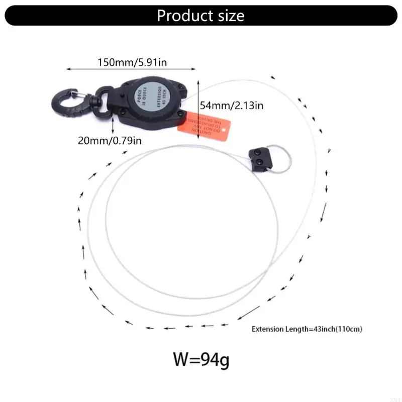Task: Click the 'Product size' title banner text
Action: click(x=200, y=15)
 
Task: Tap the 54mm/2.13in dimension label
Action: click(x=232, y=106)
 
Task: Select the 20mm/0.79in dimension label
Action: click(x=110, y=140)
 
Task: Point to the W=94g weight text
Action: click(x=201, y=360)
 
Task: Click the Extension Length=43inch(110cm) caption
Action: click(x=307, y=330)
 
